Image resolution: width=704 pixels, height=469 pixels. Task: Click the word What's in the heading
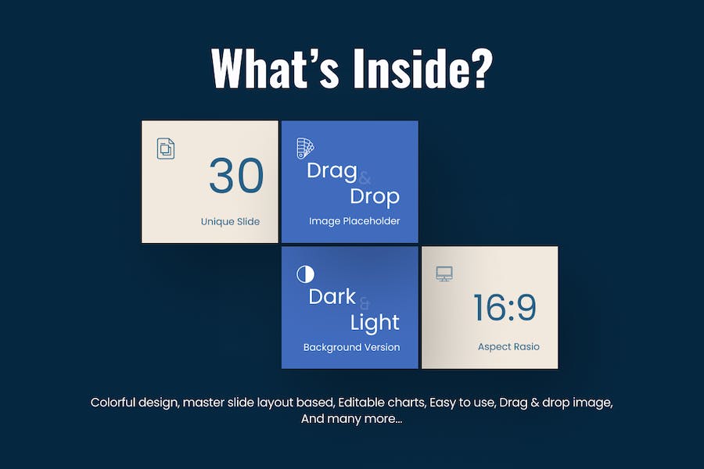[x=275, y=68]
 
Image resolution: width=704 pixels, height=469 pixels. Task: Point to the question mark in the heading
[x=481, y=68]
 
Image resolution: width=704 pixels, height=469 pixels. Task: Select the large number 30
[x=236, y=175]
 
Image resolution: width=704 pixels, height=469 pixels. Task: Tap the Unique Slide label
[x=230, y=221]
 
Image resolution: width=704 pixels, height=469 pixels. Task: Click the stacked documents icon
[x=166, y=149]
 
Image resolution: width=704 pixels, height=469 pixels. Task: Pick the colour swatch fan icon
[x=305, y=149]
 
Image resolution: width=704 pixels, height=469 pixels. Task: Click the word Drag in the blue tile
[x=332, y=171]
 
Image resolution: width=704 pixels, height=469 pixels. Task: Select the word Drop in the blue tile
[x=375, y=197]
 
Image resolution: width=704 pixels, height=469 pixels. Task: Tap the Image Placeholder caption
[x=354, y=220]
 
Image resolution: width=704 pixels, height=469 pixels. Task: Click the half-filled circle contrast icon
[x=305, y=274]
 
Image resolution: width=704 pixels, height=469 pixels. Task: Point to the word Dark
[x=332, y=297]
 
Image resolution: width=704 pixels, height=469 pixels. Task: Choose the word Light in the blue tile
[x=375, y=323]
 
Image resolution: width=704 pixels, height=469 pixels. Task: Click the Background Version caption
[x=351, y=347]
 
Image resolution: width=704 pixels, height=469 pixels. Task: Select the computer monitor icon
[x=444, y=274]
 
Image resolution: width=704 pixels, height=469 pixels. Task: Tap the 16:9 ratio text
[x=505, y=308]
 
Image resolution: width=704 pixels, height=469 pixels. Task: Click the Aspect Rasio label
[x=508, y=347]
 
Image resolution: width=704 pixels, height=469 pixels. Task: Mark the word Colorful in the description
[x=113, y=402]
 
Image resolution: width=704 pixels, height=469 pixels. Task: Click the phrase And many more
[x=351, y=419]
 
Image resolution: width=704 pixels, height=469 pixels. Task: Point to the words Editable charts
[x=382, y=402]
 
